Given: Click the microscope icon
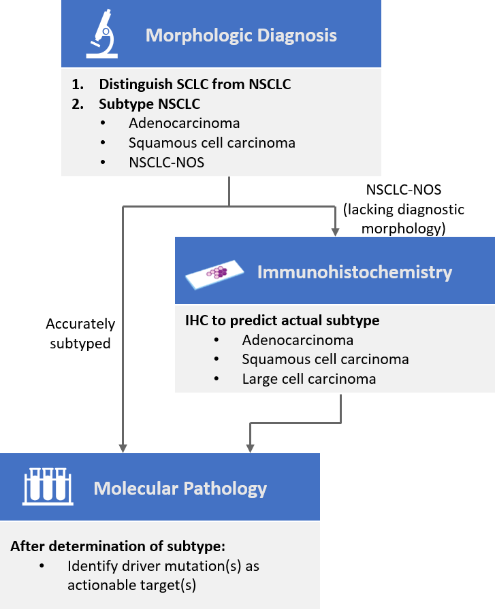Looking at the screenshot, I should pos(101,35).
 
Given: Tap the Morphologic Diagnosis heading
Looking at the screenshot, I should pos(241,35).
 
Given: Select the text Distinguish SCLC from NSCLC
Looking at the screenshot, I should pos(195,85).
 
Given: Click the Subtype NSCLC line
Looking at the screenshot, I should pos(150,104).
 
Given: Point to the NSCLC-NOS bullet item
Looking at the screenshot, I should pos(166,162).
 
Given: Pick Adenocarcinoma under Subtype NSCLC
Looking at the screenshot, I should pos(184,123).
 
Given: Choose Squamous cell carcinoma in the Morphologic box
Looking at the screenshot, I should pos(212,143).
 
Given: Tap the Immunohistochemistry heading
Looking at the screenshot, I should pos(354,272).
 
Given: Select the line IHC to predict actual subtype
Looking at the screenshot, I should pos(283,320).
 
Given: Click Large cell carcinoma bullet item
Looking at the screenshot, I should pos(308,378).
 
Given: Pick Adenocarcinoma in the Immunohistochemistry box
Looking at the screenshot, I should pos(298,340).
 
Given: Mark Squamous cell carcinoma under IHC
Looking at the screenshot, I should pos(325,359).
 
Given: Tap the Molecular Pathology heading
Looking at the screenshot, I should pos(180,489).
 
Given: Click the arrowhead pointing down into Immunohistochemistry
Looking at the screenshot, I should pos(335,232).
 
